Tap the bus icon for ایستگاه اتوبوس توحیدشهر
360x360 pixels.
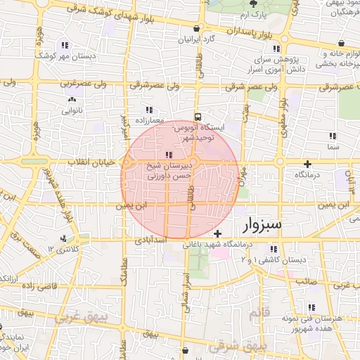(x=198, y=117)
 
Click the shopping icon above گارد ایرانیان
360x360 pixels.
(x=196, y=28)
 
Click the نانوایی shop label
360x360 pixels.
(x=73, y=110)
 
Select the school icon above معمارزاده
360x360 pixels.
(x=148, y=110)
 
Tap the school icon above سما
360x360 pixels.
(x=333, y=136)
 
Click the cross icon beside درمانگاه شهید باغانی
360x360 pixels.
(x=218, y=233)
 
